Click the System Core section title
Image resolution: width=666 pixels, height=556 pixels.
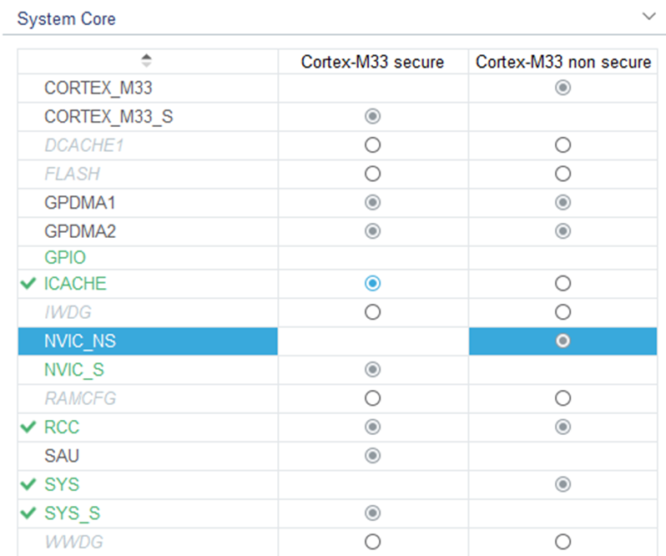coord(67,18)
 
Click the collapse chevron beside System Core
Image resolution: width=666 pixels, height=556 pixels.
coord(648,17)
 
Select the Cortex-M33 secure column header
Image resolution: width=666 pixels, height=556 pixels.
coord(372,63)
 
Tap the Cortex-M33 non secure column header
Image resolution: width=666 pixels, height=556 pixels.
coord(563,63)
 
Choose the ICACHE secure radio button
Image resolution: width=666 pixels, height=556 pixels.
coord(373,284)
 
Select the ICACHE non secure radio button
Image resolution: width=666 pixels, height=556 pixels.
coord(563,284)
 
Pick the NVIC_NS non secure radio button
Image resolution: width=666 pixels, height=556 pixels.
coord(563,341)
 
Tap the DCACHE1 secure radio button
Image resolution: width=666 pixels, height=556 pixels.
coord(373,145)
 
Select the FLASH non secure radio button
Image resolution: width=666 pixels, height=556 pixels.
coord(563,174)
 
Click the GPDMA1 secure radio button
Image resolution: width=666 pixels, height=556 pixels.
coord(373,202)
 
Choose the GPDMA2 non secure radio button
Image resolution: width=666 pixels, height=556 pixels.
coord(563,230)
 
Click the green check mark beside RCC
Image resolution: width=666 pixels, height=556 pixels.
coord(30,427)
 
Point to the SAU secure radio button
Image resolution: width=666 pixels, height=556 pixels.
coord(373,456)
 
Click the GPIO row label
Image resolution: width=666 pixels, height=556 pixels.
coord(65,258)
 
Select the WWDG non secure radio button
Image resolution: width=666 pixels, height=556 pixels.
coord(563,541)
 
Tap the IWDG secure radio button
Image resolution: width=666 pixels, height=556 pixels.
coord(373,312)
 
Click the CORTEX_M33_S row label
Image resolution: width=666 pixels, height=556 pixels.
coord(108,117)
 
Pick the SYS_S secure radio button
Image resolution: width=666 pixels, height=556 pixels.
coord(373,513)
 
